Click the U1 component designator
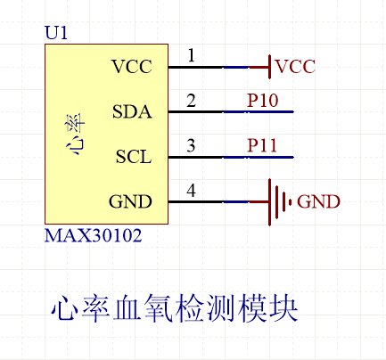(x=55, y=33)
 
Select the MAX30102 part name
(x=93, y=238)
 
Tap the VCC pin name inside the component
(x=132, y=67)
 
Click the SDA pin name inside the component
(x=132, y=112)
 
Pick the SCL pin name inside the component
(x=133, y=158)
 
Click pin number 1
(x=191, y=56)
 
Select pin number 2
(x=191, y=101)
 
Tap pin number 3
(x=191, y=146)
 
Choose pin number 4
(x=191, y=191)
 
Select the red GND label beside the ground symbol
(x=318, y=202)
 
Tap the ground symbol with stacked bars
(x=279, y=202)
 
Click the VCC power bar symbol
(x=268, y=67)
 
